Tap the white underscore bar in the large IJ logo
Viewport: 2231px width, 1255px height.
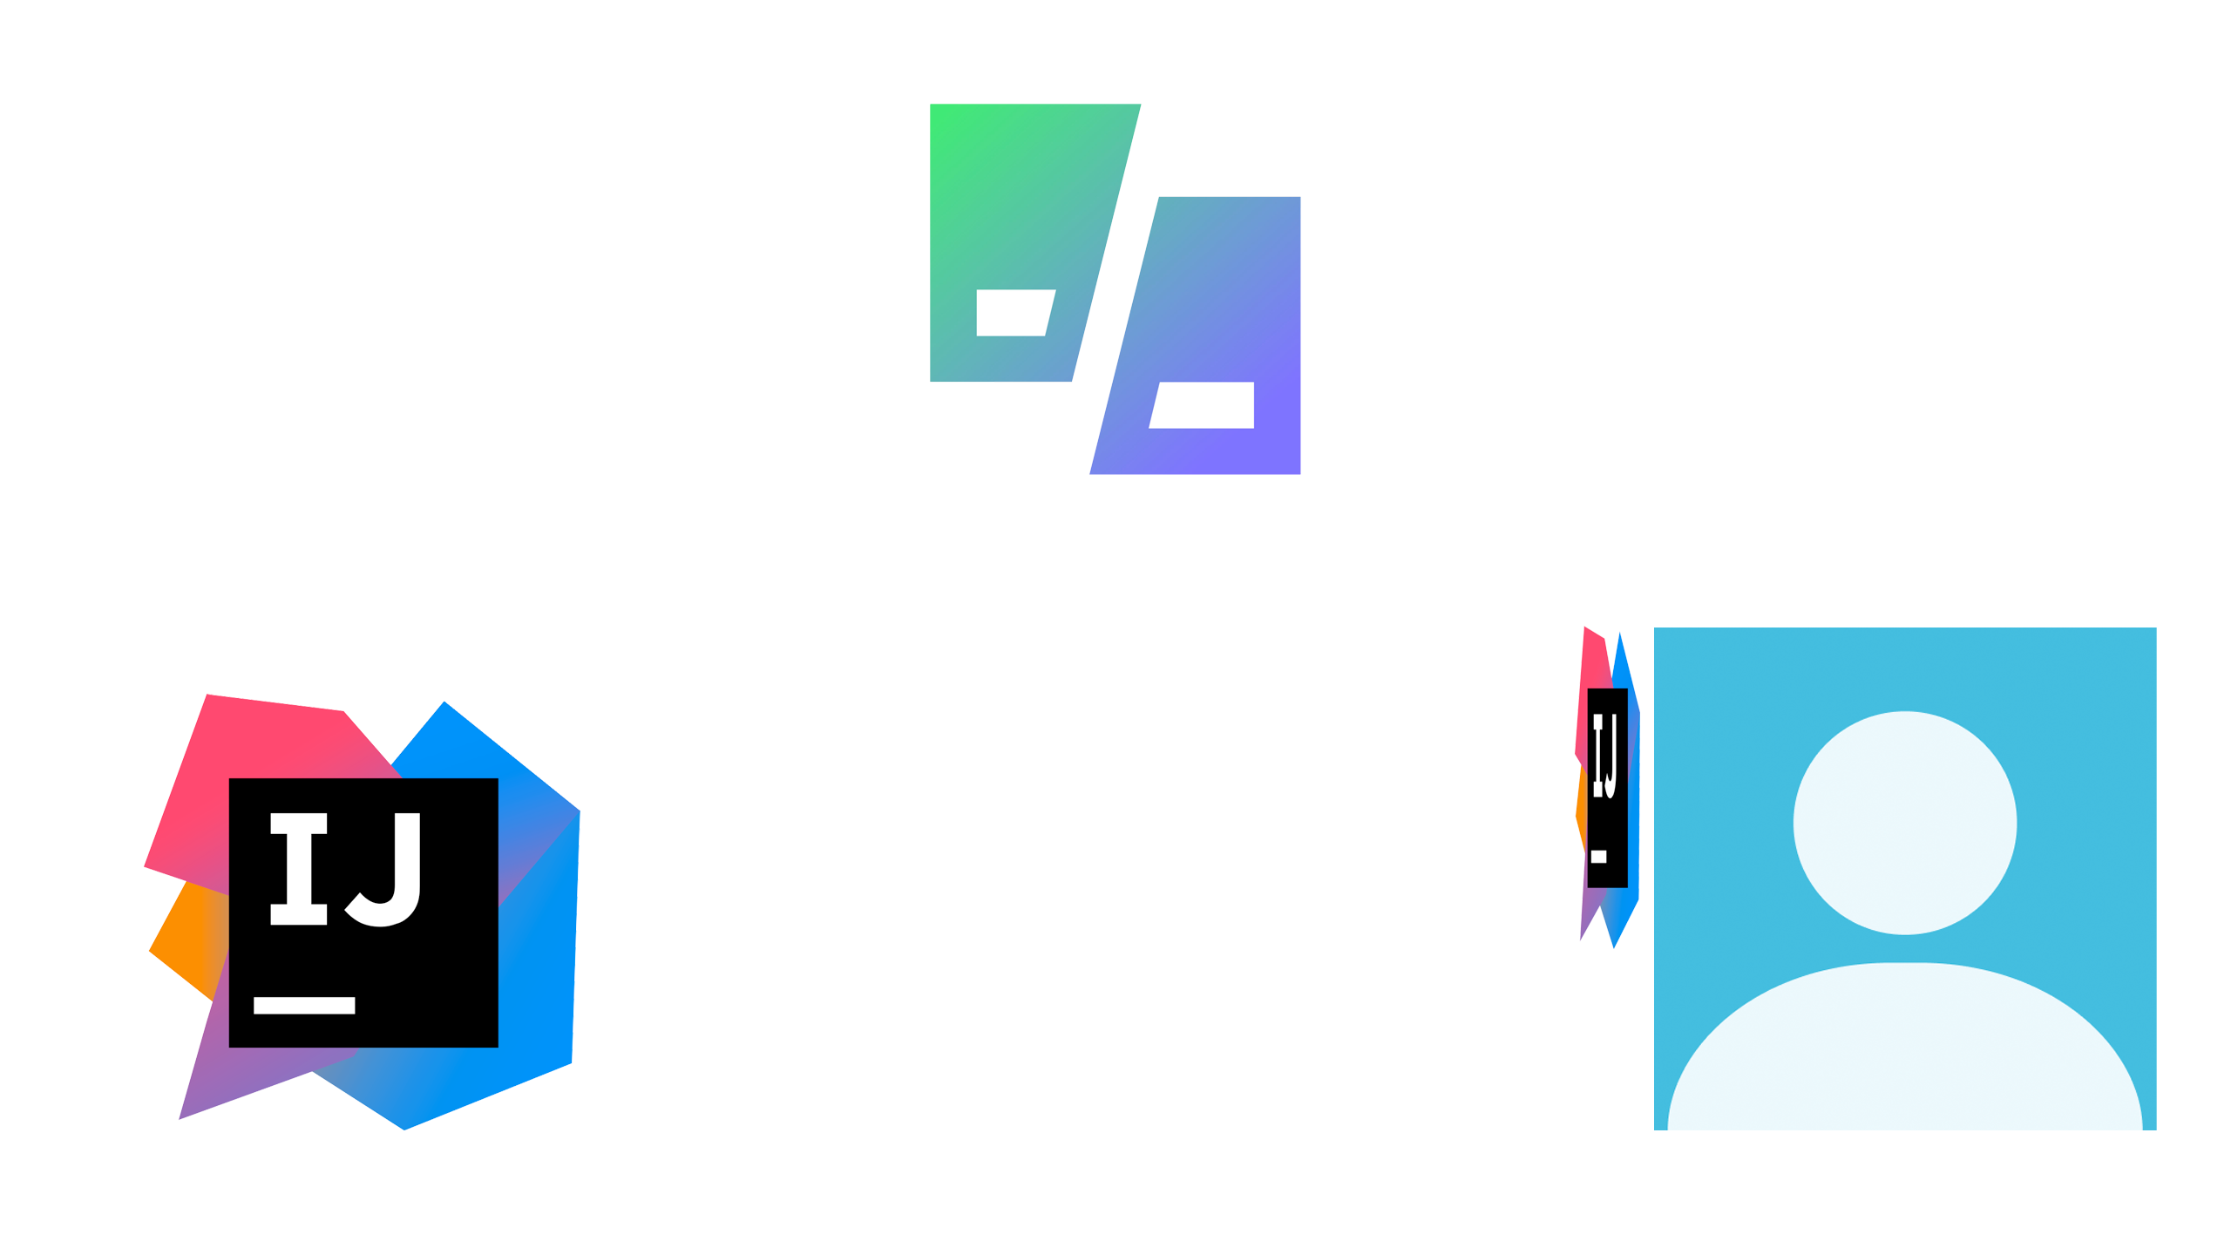304,1005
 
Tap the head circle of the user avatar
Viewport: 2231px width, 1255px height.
1904,822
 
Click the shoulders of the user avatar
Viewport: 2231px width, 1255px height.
1904,1055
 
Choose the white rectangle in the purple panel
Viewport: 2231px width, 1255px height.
1203,404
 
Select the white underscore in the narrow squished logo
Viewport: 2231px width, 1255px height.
1599,857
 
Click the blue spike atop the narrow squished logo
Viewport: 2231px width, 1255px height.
1620,662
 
